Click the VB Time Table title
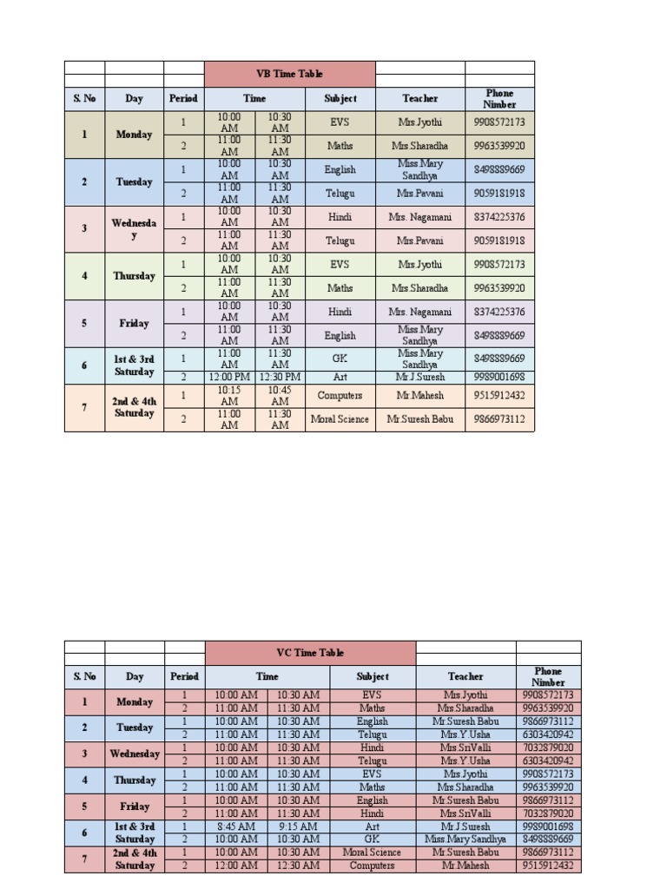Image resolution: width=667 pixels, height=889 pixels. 290,74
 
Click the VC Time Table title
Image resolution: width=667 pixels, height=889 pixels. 310,653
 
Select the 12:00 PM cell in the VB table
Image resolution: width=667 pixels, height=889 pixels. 229,377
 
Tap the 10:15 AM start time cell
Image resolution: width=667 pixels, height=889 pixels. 229,395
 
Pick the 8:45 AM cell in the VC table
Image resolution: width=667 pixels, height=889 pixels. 236,826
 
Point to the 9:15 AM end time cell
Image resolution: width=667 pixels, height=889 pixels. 299,826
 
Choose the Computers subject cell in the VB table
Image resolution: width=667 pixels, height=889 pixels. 340,395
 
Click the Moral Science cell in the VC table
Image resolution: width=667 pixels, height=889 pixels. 373,853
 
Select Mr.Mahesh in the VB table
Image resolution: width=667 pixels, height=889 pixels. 420,395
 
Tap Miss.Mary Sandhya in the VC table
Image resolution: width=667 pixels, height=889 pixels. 466,840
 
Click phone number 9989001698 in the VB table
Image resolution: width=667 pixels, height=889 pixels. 499,377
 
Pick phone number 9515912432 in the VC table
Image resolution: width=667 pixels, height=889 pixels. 548,866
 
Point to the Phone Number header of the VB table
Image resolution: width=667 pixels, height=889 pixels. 499,98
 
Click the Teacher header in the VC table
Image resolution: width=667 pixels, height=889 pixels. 466,676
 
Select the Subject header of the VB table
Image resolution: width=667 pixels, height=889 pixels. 340,98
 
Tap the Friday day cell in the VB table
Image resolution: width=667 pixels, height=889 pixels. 134,323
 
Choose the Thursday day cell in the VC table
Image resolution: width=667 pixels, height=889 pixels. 134,780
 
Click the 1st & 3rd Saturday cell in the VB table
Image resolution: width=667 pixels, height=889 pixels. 134,365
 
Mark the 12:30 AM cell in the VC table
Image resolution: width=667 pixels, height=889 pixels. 299,866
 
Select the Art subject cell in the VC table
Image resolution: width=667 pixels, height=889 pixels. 373,826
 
